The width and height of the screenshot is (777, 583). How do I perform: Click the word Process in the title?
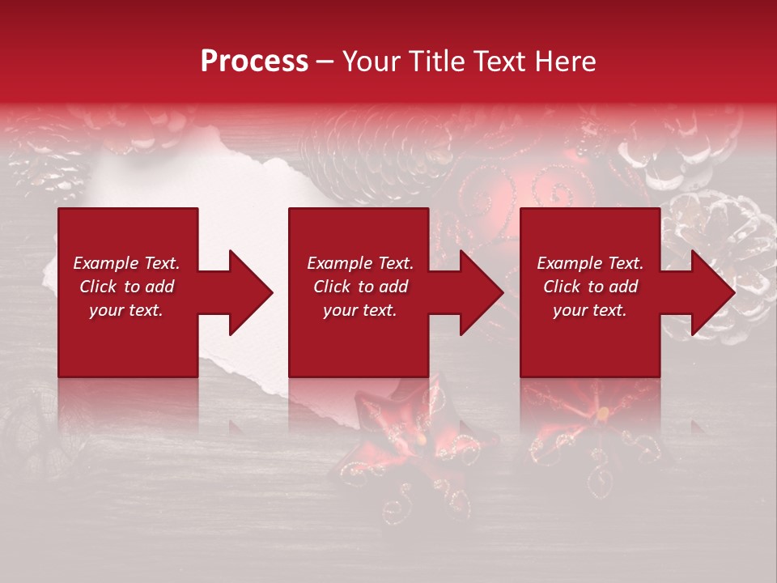tap(254, 62)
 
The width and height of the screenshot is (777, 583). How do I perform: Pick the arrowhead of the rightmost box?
tap(711, 292)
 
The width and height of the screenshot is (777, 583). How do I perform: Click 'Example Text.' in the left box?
tap(126, 263)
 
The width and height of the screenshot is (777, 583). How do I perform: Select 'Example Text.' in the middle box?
tap(360, 263)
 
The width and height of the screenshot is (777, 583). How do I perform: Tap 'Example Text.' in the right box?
tap(590, 263)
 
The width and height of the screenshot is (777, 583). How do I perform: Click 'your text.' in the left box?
tap(126, 310)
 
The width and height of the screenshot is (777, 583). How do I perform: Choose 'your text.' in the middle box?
tap(360, 310)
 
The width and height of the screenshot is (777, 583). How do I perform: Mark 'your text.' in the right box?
tap(590, 310)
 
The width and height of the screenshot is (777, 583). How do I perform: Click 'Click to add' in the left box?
tap(126, 287)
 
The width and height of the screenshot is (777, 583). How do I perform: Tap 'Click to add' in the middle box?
tap(360, 287)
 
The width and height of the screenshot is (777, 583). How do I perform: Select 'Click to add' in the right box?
tap(590, 287)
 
